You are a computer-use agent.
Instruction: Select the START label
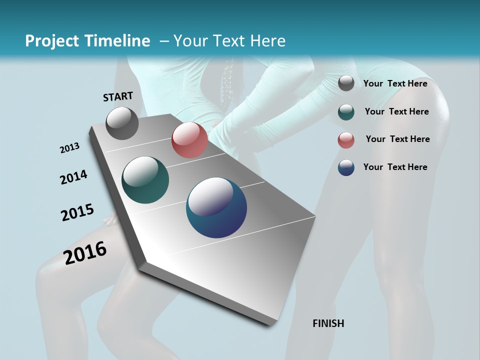pyautogui.click(x=118, y=96)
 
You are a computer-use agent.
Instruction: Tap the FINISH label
pyautogui.click(x=328, y=323)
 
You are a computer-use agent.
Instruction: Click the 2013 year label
pyautogui.click(x=69, y=148)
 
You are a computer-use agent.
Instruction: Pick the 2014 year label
pyautogui.click(x=73, y=177)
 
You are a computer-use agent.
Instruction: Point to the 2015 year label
pyautogui.click(x=77, y=212)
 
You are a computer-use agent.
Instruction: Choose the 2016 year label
pyautogui.click(x=85, y=252)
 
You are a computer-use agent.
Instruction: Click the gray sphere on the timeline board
pyautogui.click(x=122, y=123)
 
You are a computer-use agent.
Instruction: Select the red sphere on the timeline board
pyautogui.click(x=189, y=140)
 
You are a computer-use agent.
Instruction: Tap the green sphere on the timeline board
pyautogui.click(x=145, y=180)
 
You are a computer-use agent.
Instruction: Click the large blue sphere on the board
pyautogui.click(x=216, y=207)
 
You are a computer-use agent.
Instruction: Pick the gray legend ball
pyautogui.click(x=346, y=83)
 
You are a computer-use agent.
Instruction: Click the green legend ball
pyautogui.click(x=346, y=112)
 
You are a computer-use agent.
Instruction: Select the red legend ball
pyautogui.click(x=346, y=140)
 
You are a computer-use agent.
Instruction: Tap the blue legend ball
pyautogui.click(x=346, y=167)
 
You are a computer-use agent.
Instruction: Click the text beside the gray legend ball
pyautogui.click(x=395, y=83)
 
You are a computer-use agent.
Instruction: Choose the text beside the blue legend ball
pyautogui.click(x=395, y=167)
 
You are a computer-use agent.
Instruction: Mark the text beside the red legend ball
pyautogui.click(x=397, y=139)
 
